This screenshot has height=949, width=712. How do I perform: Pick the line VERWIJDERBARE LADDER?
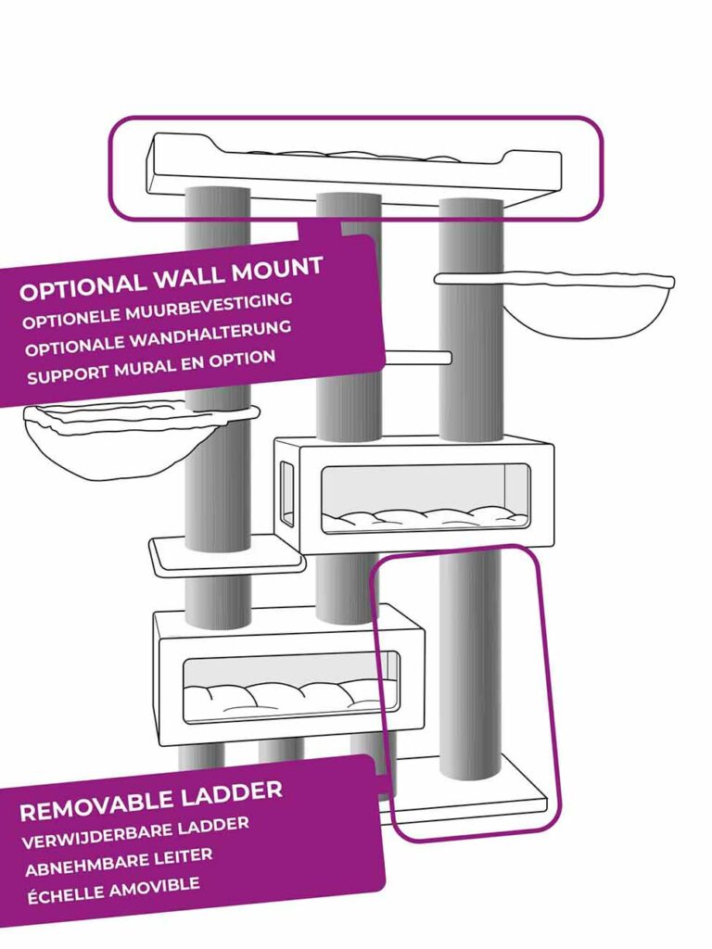click(x=134, y=830)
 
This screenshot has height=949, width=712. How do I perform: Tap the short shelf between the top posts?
click(x=418, y=358)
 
